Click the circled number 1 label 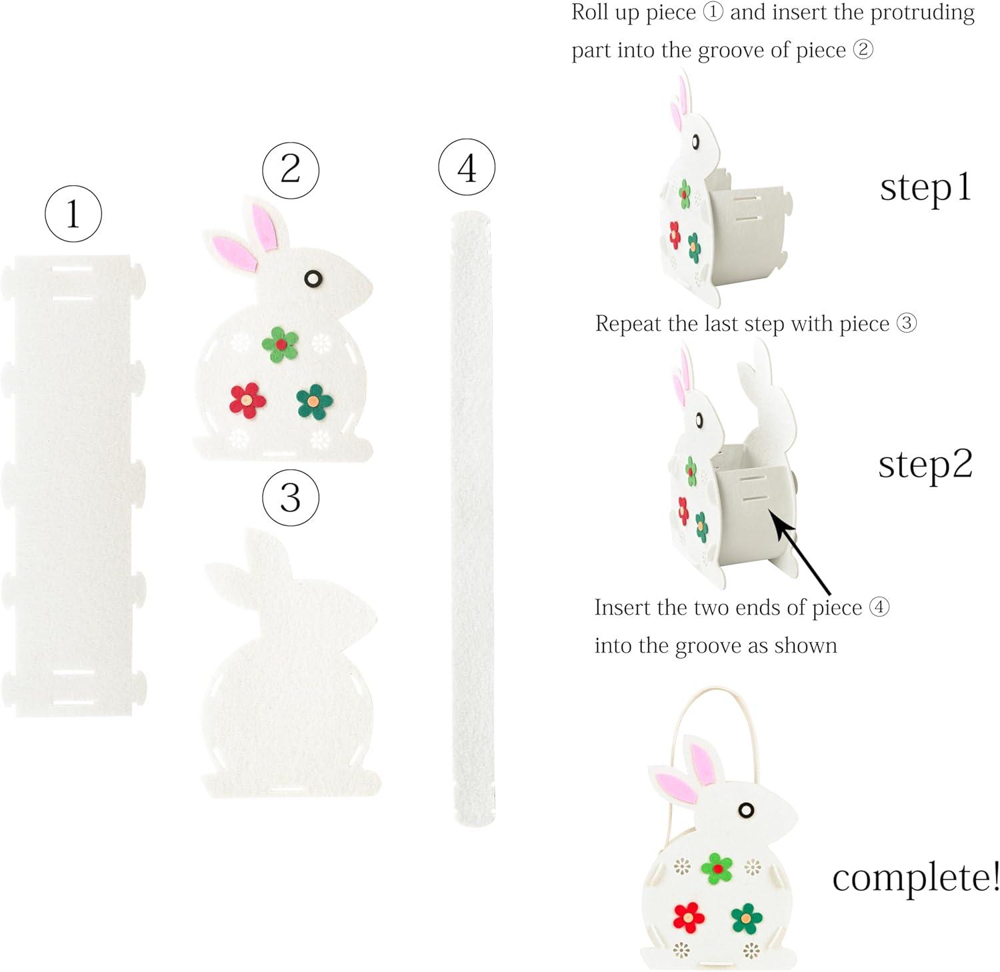73,214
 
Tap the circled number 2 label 291,169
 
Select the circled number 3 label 291,497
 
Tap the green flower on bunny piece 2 281,344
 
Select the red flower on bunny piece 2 247,400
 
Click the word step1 926,189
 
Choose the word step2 925,465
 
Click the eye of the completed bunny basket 747,810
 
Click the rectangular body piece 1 73,485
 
